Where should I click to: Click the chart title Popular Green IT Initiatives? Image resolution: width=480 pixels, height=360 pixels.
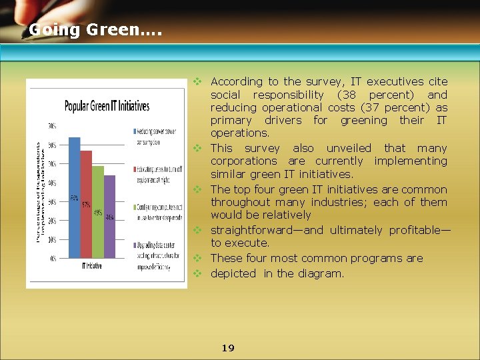coord(107,106)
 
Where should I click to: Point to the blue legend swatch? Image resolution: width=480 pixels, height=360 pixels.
coord(135,130)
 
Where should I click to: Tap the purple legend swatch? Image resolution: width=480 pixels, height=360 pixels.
coord(135,245)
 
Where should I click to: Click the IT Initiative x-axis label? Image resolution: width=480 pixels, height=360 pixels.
coord(91,266)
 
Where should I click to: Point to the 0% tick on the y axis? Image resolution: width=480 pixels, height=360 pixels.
coord(51,258)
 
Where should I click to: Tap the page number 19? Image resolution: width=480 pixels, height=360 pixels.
coord(228,348)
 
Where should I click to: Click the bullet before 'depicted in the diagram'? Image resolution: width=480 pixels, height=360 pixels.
coord(197,273)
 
